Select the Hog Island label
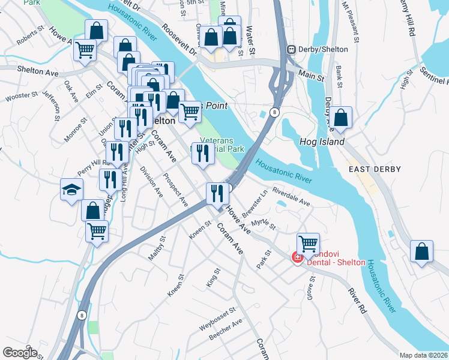(322, 142)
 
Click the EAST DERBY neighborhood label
(371, 170)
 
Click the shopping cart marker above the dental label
(308, 243)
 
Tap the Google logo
(20, 352)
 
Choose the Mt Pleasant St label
(350, 22)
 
